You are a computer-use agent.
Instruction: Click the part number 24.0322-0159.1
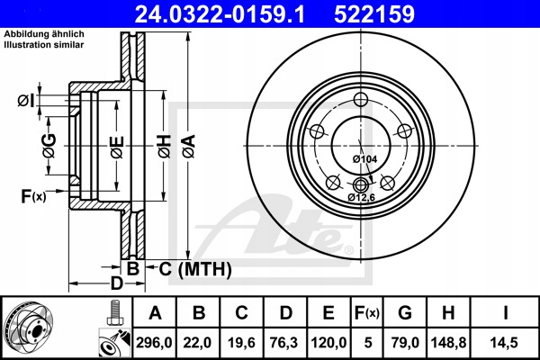220,14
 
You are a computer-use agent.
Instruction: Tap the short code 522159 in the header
374,14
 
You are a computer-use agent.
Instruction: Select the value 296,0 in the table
154,342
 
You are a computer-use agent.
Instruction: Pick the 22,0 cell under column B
197,342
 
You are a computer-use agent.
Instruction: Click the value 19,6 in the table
241,342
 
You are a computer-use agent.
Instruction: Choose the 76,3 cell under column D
284,342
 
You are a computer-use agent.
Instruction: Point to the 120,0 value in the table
328,342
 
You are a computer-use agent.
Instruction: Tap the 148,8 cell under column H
448,342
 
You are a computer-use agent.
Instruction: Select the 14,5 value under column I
505,342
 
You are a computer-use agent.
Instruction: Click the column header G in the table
405,312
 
